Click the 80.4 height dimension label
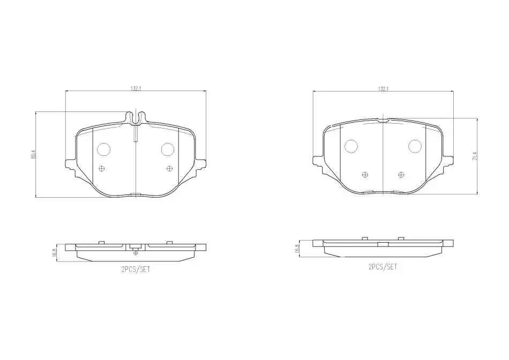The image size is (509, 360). [x=33, y=154]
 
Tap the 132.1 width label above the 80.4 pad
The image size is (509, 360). [x=136, y=88]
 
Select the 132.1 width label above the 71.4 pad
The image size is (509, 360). [x=383, y=88]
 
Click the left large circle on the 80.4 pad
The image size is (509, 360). [x=104, y=149]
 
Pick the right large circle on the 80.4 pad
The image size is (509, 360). [x=168, y=149]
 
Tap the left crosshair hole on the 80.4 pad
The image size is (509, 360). [x=102, y=168]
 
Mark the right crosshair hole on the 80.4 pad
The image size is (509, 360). [x=169, y=168]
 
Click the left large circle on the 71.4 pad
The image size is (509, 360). [x=351, y=146]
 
